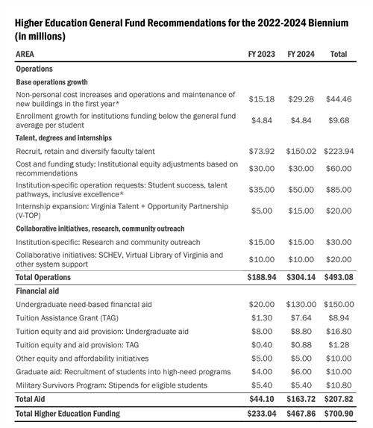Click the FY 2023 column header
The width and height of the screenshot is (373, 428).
261,55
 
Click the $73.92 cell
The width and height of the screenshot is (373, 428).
261,151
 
